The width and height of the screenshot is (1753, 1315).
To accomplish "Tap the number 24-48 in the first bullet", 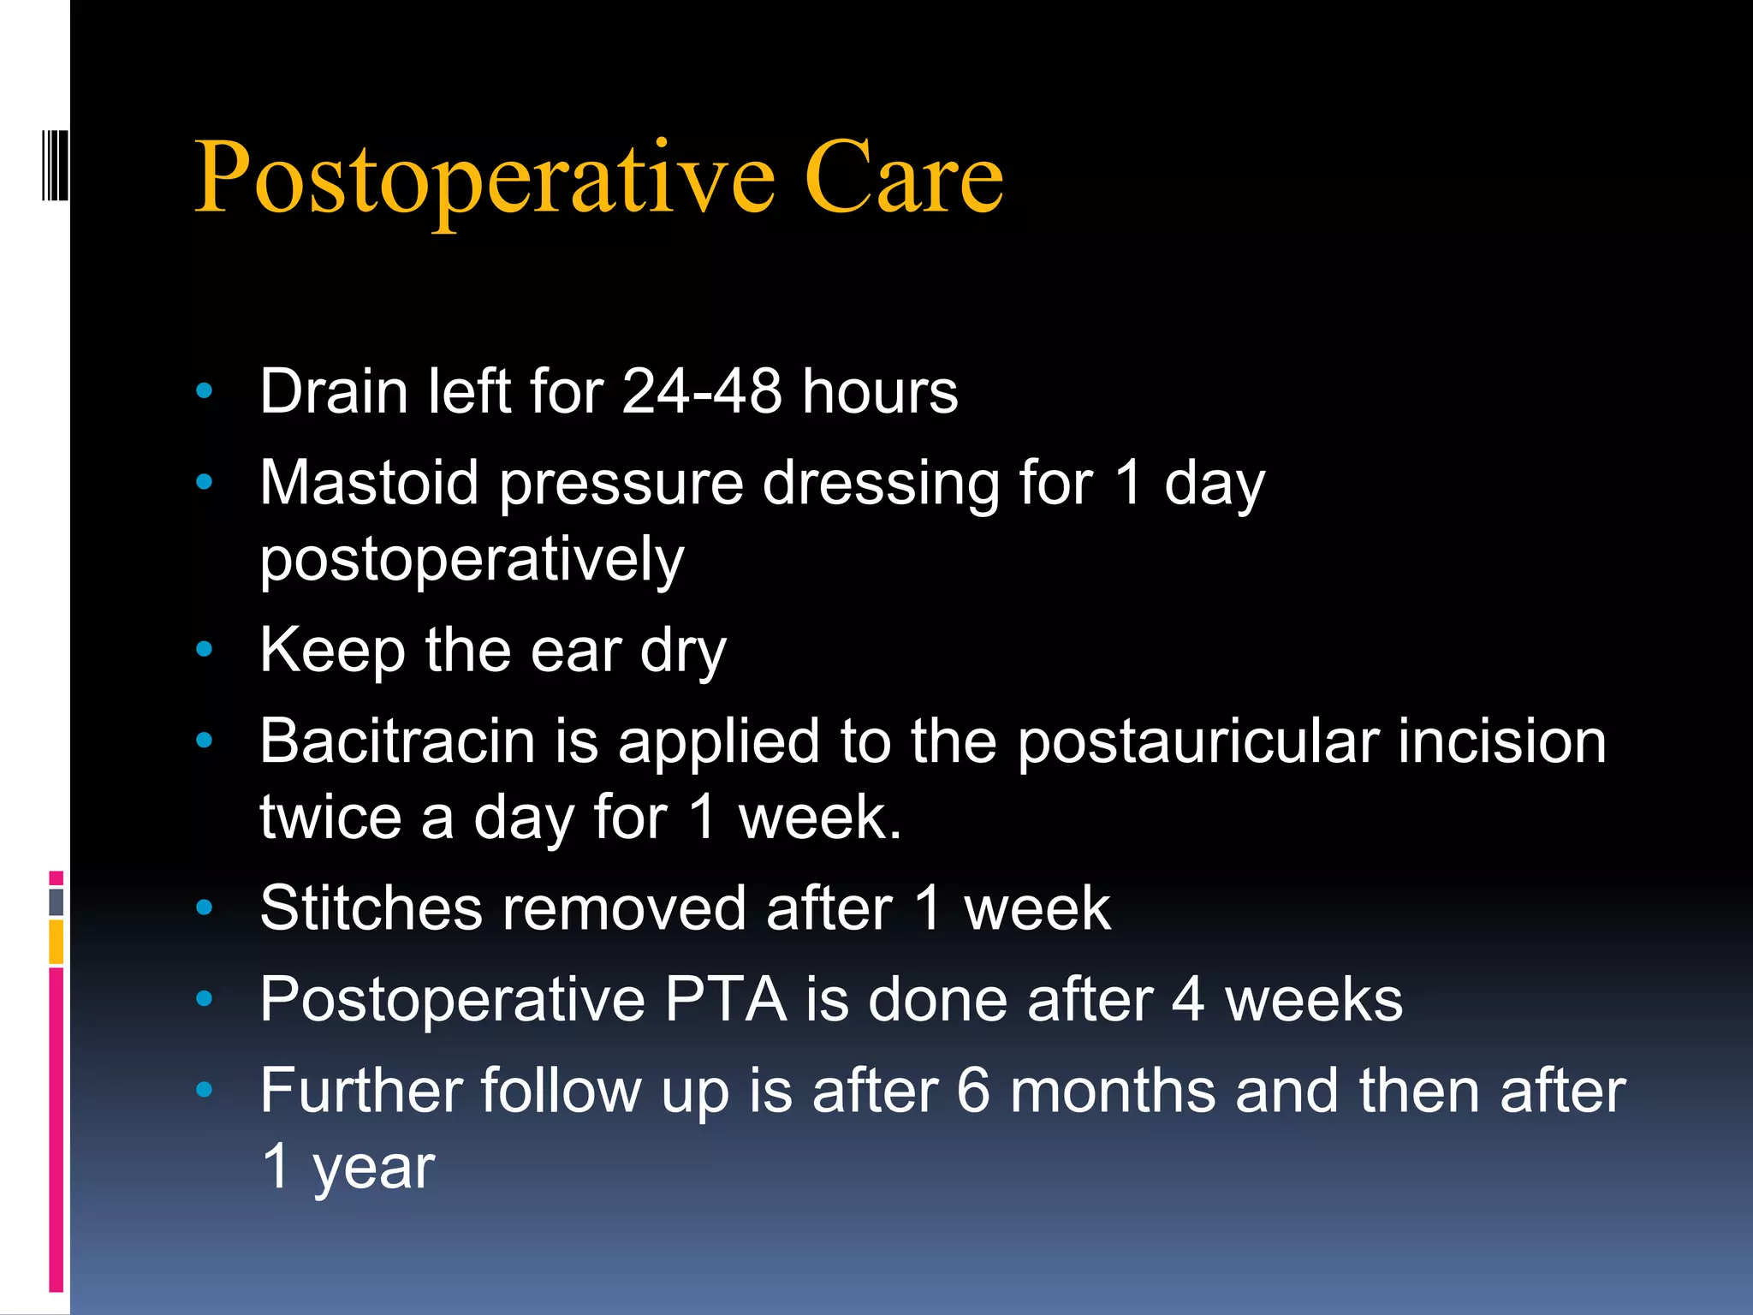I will tap(702, 392).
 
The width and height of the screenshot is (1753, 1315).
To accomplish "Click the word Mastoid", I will tap(369, 483).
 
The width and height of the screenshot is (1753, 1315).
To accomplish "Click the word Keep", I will tap(332, 651).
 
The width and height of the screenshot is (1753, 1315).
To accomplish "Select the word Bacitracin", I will tap(397, 741).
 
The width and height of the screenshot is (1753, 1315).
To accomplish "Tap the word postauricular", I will tap(1197, 741).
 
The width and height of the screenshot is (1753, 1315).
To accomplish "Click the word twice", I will tap(330, 817).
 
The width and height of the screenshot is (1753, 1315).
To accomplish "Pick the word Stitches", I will tap(371, 908).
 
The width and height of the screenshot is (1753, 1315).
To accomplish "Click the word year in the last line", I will tap(374, 1167).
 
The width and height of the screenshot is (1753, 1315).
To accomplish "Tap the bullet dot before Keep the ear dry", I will tap(204, 650).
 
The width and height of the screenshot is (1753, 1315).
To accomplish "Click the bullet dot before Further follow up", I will tap(204, 1090).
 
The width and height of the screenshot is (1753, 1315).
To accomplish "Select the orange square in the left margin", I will tap(56, 942).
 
